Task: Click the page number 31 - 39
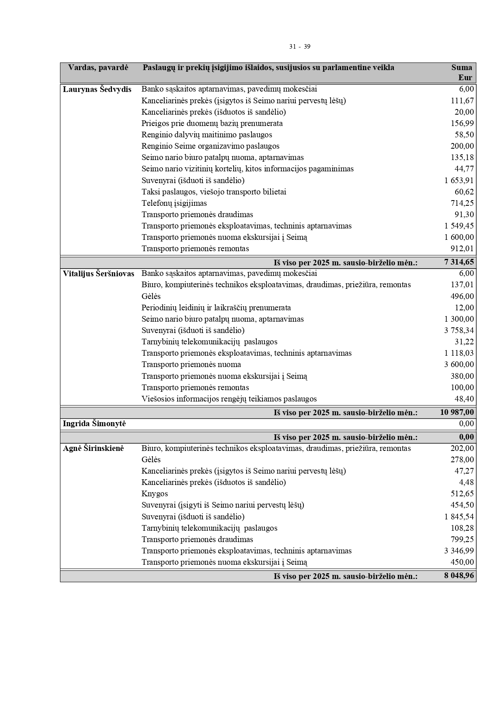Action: click(300, 47)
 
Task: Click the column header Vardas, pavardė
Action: click(98, 68)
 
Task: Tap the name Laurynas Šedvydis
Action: click(97, 90)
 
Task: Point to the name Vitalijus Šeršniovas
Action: click(99, 274)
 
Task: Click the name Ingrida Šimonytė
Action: click(94, 424)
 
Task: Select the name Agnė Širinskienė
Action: click(93, 448)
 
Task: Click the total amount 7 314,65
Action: click(459, 263)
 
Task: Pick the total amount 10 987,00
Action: click(457, 412)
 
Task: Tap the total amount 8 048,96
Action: click(459, 576)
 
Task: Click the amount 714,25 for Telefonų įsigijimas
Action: click(462, 203)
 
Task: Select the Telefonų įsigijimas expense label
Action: click(174, 203)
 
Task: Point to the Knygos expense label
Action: click(155, 494)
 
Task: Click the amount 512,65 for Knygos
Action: click(462, 494)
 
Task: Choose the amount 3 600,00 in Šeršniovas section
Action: click(459, 365)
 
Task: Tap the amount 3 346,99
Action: click(459, 551)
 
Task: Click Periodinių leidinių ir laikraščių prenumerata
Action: click(216, 308)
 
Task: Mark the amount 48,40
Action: click(464, 399)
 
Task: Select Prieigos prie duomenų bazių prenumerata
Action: click(212, 124)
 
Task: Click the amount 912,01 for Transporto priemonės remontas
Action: click(462, 249)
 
